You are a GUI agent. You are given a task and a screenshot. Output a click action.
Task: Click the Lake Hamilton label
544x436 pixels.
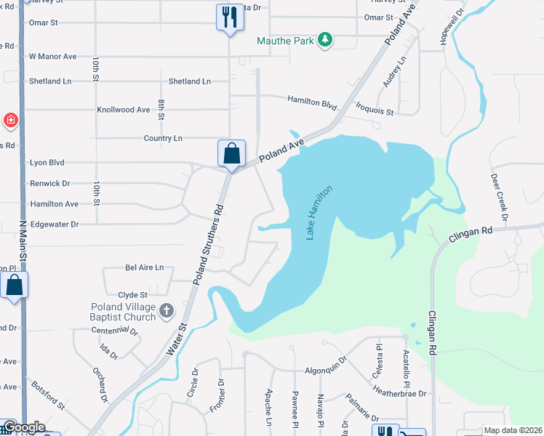pos(319,212)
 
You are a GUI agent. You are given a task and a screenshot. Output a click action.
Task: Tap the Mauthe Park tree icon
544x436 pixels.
pos(327,40)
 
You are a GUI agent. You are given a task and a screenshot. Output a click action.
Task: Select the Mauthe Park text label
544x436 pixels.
pos(285,41)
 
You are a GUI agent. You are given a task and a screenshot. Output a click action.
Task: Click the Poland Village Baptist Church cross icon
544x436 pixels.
pos(167,311)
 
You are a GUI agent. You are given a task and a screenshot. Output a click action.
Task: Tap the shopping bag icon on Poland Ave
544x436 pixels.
pos(231,154)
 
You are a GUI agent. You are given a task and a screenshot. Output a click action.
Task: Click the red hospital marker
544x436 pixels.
pos(10,120)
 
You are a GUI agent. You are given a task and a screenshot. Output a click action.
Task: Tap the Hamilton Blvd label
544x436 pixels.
pos(312,102)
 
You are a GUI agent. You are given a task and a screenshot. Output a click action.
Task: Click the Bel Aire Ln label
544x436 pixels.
pos(145,267)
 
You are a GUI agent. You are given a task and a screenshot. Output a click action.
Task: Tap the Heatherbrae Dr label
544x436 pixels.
pos(399,393)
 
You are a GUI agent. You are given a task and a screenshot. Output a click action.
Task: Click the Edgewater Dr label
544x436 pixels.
pos(54,225)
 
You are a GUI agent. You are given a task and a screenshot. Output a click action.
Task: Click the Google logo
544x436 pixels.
pos(23,427)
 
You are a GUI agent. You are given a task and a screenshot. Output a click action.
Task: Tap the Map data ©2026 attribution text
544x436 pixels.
pos(512,430)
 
